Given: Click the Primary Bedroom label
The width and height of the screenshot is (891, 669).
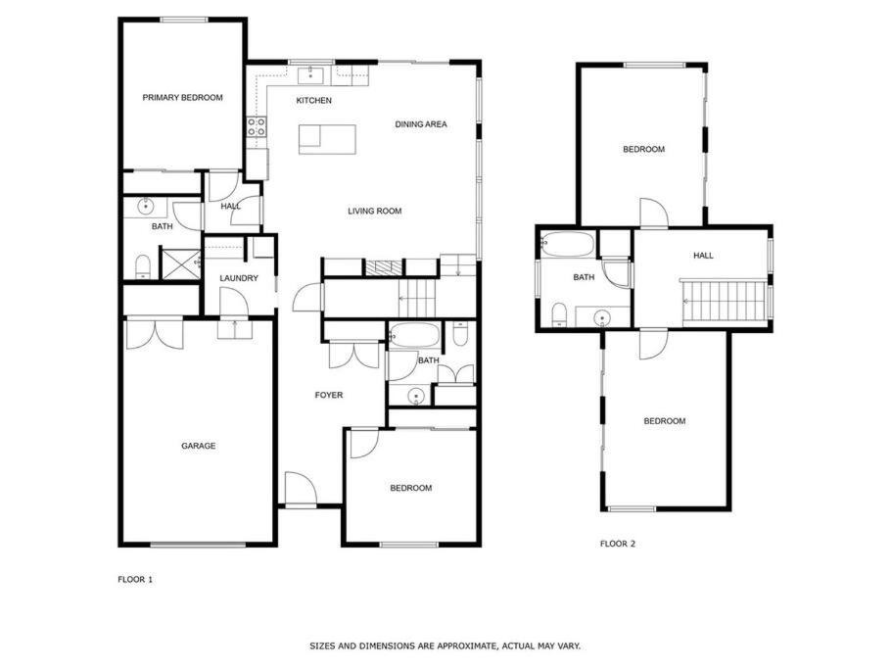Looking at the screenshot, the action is click(182, 98).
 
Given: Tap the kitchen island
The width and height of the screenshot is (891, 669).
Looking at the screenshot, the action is click(327, 139).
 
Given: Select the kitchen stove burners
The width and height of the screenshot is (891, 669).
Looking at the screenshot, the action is click(257, 126).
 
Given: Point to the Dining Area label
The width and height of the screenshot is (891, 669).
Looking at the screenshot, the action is click(421, 124).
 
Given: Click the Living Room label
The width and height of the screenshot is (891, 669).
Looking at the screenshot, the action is click(374, 211).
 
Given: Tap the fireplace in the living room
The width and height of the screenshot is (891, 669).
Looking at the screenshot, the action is click(379, 267).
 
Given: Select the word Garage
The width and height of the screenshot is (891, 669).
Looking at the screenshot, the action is click(199, 446).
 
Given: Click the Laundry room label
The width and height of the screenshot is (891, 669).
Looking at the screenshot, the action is click(239, 278).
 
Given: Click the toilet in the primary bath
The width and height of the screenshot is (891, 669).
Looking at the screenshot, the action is click(142, 267).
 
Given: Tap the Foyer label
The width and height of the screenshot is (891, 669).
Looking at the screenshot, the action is click(329, 395).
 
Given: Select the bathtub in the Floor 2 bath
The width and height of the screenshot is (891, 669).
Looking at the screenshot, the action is click(567, 245).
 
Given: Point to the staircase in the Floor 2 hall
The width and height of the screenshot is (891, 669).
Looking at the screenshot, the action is click(726, 300).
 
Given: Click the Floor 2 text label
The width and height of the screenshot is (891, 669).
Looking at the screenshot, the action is click(618, 544).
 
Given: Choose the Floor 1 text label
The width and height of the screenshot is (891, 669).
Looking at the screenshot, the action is click(135, 580).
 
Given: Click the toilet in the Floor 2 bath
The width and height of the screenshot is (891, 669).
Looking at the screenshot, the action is click(560, 314).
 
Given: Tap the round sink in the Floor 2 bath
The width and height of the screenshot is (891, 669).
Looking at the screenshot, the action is click(600, 317).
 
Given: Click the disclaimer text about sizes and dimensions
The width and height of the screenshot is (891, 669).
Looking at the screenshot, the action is click(445, 646).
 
